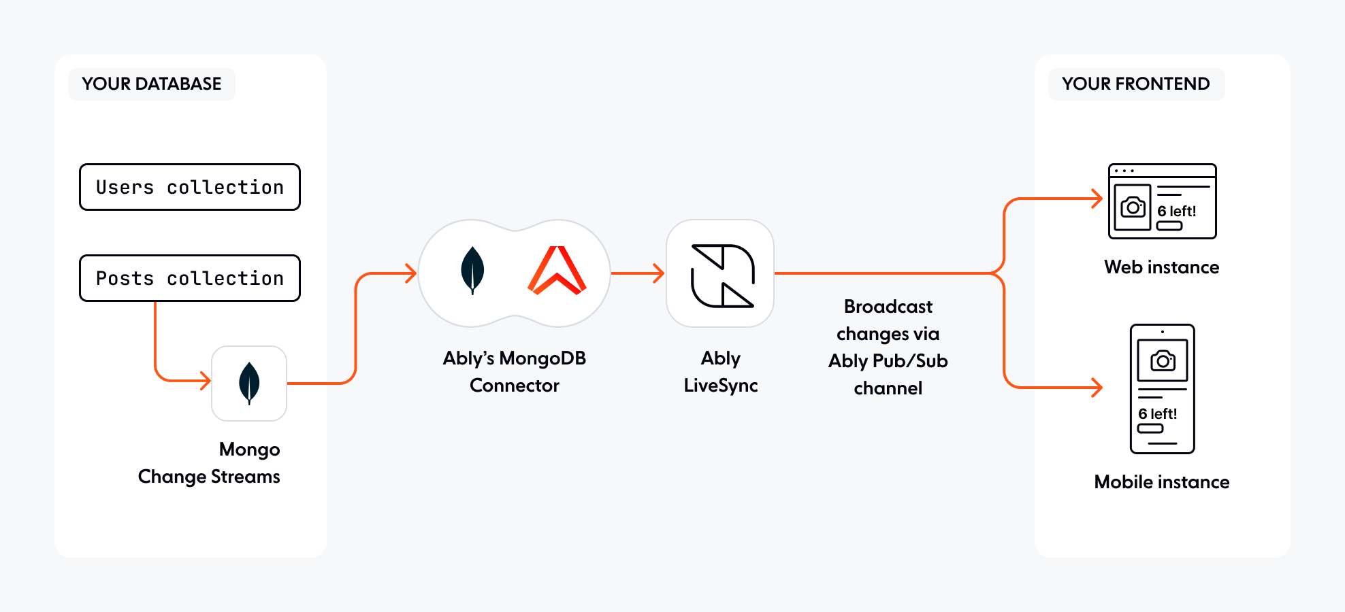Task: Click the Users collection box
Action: [x=189, y=187]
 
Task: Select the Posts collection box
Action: [x=189, y=278]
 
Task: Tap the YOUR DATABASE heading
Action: [x=152, y=84]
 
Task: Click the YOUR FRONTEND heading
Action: [x=1135, y=84]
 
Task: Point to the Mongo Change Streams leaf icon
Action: [x=249, y=383]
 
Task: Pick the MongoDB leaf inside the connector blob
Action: [x=472, y=270]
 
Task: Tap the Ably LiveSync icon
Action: [x=721, y=274]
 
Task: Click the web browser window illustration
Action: [x=1162, y=201]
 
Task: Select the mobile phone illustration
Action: [x=1162, y=388]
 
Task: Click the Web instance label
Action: [x=1161, y=267]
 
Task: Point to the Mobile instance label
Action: [x=1161, y=482]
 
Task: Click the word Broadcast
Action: [x=888, y=307]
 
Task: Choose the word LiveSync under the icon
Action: [x=721, y=386]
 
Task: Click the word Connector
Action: [x=515, y=386]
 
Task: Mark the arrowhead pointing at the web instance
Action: [x=1097, y=199]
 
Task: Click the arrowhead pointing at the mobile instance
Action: [x=1097, y=388]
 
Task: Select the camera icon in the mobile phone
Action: [x=1163, y=360]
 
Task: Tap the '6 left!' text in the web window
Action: [x=1176, y=211]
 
